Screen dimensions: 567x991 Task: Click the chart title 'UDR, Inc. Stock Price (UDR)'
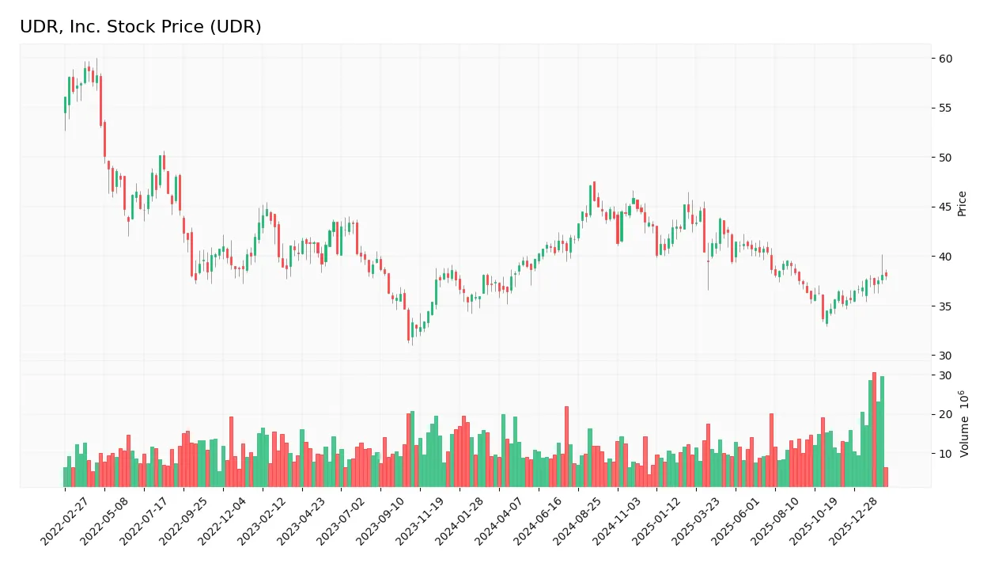tap(141, 27)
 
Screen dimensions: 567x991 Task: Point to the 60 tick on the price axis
tap(946, 59)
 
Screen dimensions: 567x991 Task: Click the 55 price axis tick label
tap(946, 108)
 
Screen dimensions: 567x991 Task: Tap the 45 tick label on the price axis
tap(946, 207)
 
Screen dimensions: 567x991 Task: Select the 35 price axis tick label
tap(946, 306)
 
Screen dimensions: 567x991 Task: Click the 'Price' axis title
tap(963, 204)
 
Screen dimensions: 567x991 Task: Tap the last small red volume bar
tap(886, 477)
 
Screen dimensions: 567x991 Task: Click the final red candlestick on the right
tap(886, 275)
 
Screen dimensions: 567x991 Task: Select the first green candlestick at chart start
tap(65, 105)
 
